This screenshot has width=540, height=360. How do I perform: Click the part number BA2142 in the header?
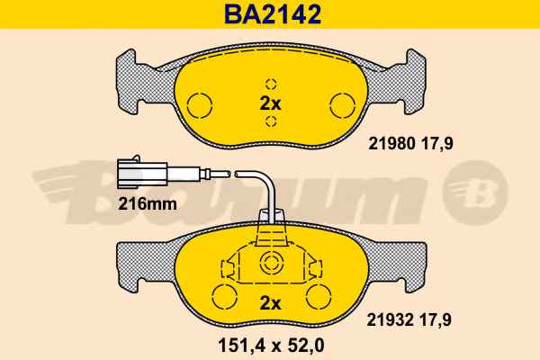click(273, 14)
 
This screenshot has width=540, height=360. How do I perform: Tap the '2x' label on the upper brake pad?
click(270, 103)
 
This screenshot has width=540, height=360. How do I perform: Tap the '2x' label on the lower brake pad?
click(270, 303)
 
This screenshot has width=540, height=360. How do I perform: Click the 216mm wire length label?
click(148, 204)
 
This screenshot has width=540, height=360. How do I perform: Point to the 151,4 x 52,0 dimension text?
click(271, 346)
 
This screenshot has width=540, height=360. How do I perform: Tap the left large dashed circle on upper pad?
click(199, 105)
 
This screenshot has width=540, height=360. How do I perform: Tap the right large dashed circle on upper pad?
click(342, 105)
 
